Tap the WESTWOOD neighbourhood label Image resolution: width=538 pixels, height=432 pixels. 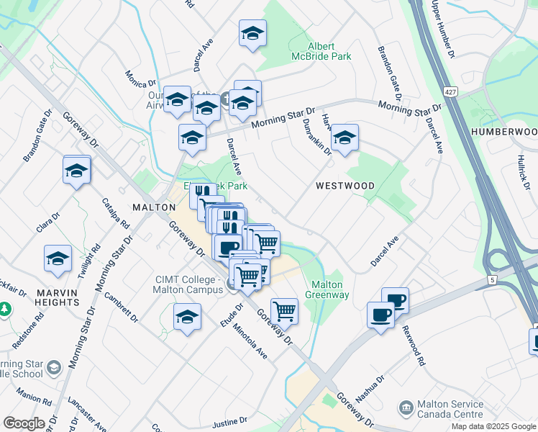tap(345, 186)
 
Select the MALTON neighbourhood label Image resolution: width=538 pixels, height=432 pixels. tap(154, 207)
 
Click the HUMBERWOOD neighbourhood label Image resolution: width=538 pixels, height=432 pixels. tap(504, 132)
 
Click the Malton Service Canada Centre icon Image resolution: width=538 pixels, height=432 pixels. tap(406, 408)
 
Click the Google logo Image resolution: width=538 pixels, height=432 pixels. tap(23, 423)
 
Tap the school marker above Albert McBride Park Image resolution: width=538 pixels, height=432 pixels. tap(252, 33)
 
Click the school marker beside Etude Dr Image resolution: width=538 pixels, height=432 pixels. tap(187, 317)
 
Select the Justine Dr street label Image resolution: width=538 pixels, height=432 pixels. tap(230, 420)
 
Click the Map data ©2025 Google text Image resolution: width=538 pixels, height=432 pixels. tap(493, 426)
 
